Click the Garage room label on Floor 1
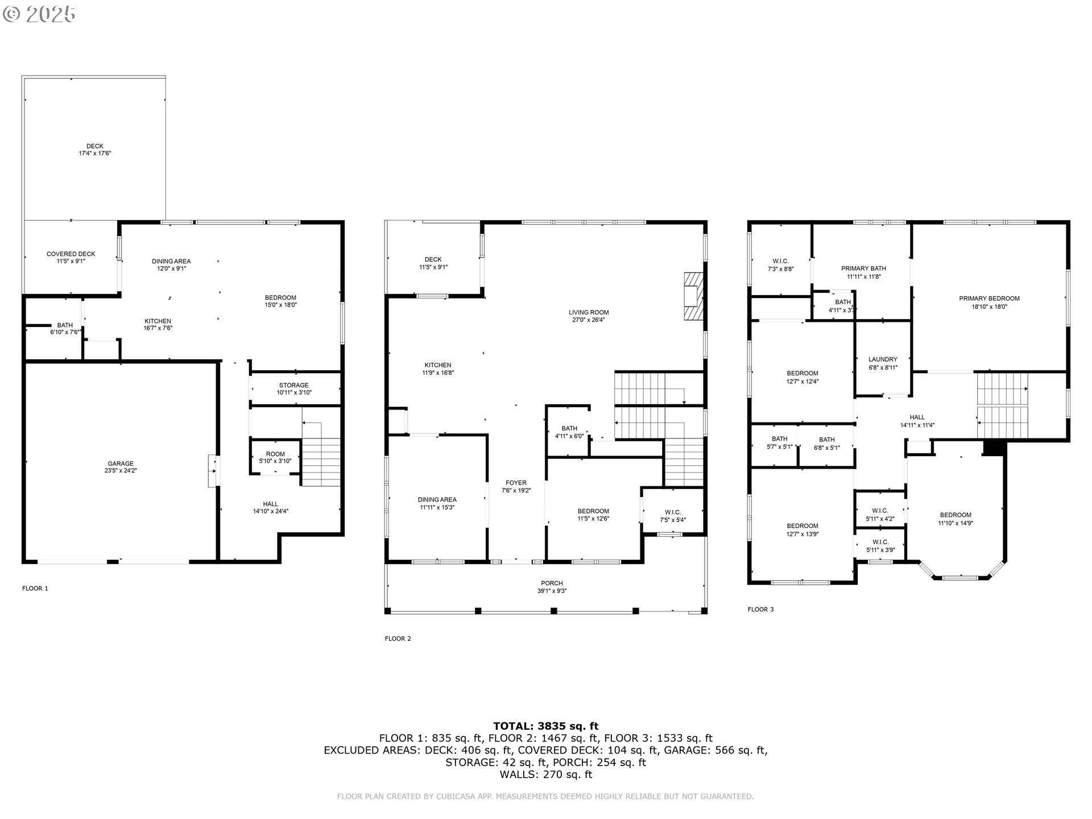pyautogui.click(x=121, y=467)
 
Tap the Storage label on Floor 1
pyautogui.click(x=294, y=388)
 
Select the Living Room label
pyautogui.click(x=589, y=316)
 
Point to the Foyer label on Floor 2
pyautogui.click(x=516, y=486)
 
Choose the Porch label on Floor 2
pyautogui.click(x=552, y=586)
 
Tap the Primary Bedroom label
pyautogui.click(x=989, y=302)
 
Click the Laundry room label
pyautogui.click(x=883, y=363)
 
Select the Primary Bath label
pyautogui.click(x=863, y=272)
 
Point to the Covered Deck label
pyautogui.click(x=71, y=258)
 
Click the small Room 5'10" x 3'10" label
pyautogui.click(x=275, y=457)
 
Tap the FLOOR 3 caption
pyautogui.click(x=760, y=609)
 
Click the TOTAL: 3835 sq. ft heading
pyautogui.click(x=545, y=726)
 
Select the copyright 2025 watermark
pyautogui.click(x=39, y=14)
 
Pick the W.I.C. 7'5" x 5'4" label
pyautogui.click(x=673, y=516)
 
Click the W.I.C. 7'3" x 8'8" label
pyautogui.click(x=780, y=265)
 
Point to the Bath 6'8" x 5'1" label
pyautogui.click(x=826, y=443)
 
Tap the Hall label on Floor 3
pyautogui.click(x=917, y=421)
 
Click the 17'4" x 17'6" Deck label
pyautogui.click(x=94, y=150)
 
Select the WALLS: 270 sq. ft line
pyautogui.click(x=545, y=775)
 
